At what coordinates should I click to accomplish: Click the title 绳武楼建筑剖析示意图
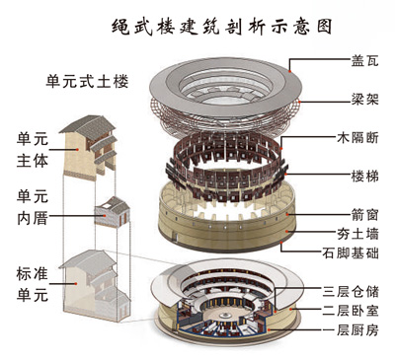[x=221, y=27]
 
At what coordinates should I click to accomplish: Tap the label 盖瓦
[x=364, y=61]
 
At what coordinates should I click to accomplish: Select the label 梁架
[x=364, y=99]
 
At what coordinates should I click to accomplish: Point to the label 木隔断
[x=357, y=137]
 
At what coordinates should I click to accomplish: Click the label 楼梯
[x=364, y=177]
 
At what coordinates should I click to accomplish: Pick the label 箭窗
[x=364, y=215]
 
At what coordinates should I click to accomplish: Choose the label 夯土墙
[x=357, y=234]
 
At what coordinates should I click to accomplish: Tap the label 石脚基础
[x=351, y=252]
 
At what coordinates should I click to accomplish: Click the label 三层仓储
[x=351, y=292]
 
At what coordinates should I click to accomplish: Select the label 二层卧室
[x=351, y=311]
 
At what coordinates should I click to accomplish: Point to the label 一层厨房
[x=351, y=329]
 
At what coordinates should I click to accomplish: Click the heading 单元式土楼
[x=87, y=81]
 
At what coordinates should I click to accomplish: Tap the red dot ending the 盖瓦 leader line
[x=290, y=71]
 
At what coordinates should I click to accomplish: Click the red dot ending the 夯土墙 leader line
[x=287, y=232]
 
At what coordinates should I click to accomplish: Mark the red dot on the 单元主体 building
[x=77, y=149]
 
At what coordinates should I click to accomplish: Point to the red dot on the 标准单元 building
[x=76, y=283]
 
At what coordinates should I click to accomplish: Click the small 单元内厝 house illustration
[x=113, y=212]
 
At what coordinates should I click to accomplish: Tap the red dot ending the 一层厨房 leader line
[x=270, y=329]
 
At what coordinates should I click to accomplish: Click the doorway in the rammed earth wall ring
[x=176, y=237]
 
